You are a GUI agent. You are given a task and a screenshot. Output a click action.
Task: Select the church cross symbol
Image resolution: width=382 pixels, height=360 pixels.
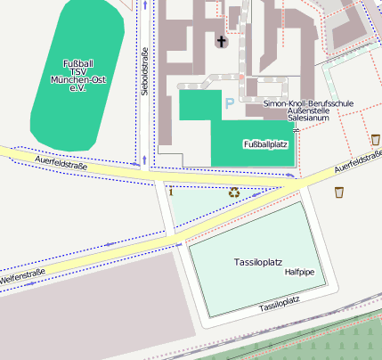[x=222, y=41]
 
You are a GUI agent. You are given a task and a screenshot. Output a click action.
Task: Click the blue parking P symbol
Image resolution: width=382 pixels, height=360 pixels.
[x=229, y=104]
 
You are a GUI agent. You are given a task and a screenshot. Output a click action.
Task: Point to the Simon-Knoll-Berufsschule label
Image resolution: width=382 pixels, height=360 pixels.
[x=308, y=104]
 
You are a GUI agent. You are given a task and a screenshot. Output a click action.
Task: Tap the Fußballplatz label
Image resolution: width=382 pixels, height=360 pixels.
[x=264, y=143]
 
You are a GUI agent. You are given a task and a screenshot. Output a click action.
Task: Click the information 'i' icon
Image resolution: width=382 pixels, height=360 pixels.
[x=170, y=190]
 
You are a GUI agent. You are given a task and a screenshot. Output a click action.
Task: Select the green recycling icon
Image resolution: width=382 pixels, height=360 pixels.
[x=234, y=191]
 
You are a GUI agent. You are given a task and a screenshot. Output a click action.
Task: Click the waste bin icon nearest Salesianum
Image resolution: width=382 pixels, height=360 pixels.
[x=375, y=139]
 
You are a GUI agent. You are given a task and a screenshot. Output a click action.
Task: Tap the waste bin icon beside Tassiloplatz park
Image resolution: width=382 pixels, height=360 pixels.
[x=338, y=192]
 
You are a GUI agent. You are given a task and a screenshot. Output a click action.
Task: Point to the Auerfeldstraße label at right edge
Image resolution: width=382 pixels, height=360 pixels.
[x=358, y=160]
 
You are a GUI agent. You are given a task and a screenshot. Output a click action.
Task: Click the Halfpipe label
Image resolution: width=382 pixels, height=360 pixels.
[x=299, y=273]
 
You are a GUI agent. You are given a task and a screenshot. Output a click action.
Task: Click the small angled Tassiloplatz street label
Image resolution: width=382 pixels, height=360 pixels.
[x=280, y=305]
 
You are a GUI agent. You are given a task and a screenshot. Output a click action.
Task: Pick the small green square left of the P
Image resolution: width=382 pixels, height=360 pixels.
[x=200, y=104]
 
